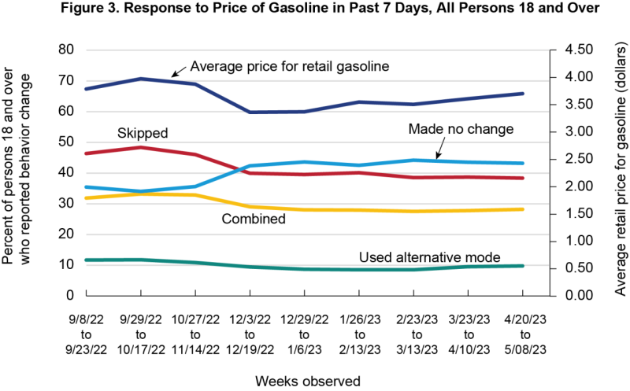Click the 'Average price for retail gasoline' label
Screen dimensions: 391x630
click(x=290, y=67)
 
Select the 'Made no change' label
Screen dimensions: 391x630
click(x=461, y=129)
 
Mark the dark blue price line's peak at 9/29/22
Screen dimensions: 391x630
click(x=141, y=79)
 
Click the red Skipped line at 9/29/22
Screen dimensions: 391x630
click(x=141, y=147)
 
